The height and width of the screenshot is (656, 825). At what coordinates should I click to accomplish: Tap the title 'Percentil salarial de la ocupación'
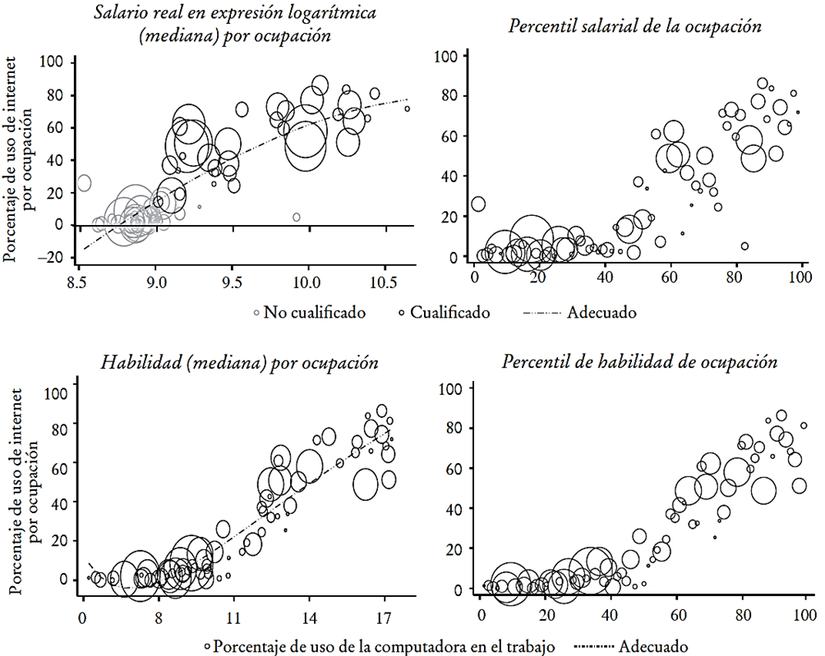[x=635, y=25]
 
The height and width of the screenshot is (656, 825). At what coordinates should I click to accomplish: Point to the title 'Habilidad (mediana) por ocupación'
[x=239, y=362]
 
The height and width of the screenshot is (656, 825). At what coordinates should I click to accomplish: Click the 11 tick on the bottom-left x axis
[x=234, y=615]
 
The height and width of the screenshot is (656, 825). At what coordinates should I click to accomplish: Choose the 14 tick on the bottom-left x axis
[x=309, y=615]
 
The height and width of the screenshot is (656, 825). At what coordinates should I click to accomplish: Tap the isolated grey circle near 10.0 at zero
[x=297, y=217]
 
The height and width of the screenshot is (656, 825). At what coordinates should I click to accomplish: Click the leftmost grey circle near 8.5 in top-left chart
[x=84, y=183]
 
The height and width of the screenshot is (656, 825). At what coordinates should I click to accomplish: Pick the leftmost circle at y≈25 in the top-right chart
[x=478, y=204]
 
